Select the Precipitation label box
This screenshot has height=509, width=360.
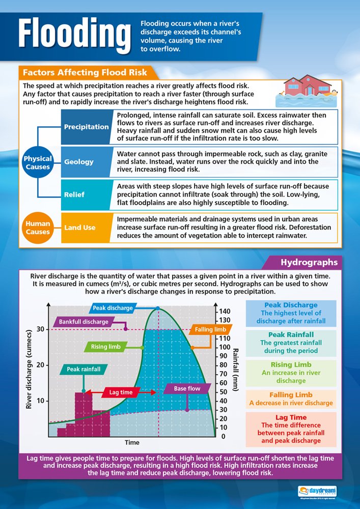(86, 127)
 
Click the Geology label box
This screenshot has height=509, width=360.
(79, 161)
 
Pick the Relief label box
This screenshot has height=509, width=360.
(74, 194)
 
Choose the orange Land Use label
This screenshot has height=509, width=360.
(79, 228)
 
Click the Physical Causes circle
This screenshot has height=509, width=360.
(38, 162)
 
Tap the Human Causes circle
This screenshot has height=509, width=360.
(38, 228)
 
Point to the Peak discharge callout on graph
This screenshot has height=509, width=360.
(113, 308)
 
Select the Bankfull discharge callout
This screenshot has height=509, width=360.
(84, 322)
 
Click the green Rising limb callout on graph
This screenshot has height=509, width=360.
(106, 347)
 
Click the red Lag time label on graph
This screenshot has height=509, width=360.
(121, 392)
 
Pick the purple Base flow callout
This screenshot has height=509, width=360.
(187, 388)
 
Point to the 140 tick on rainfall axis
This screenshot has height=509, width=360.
(225, 312)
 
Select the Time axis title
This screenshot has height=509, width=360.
(132, 442)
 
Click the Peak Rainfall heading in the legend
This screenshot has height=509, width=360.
(290, 335)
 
